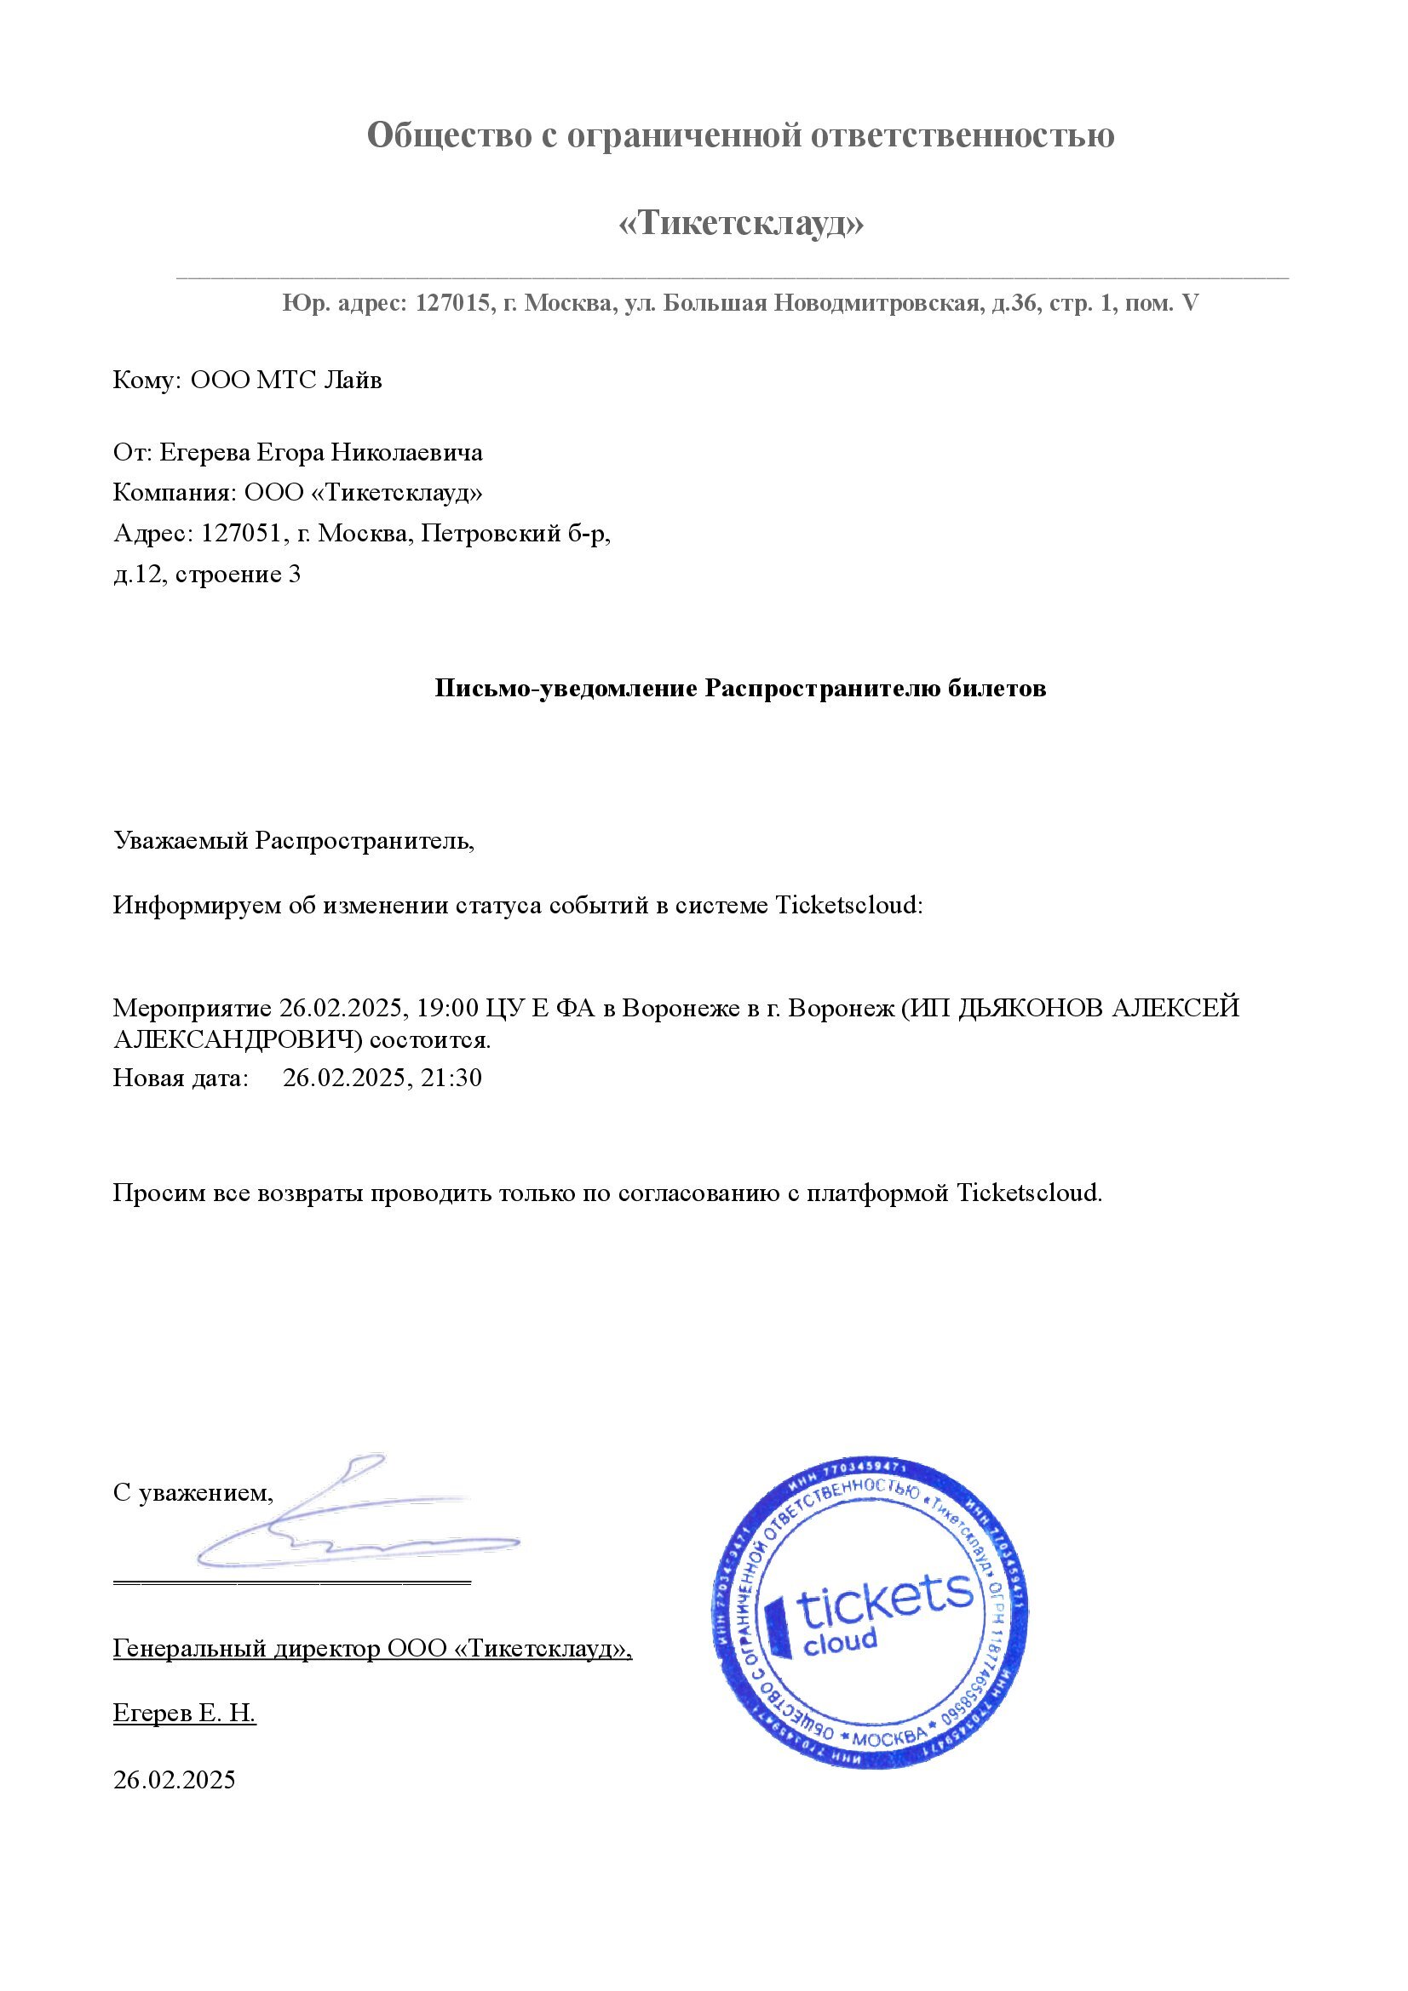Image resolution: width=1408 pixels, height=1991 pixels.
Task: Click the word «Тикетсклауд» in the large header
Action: (x=741, y=224)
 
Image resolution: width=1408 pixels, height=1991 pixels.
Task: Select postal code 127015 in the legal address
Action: (x=452, y=304)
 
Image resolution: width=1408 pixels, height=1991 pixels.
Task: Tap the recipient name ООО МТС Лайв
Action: (x=285, y=380)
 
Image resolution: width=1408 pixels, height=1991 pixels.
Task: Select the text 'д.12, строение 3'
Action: (x=207, y=574)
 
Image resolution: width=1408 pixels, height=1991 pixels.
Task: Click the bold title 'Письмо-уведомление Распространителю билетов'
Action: (x=740, y=689)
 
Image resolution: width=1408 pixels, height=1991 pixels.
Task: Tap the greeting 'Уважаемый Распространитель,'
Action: (x=294, y=840)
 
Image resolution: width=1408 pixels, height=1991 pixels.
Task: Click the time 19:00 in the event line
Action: (x=447, y=1008)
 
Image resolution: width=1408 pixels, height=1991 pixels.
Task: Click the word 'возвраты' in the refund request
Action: (x=313, y=1193)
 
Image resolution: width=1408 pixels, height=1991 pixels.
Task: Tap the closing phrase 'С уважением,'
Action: (x=193, y=1493)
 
